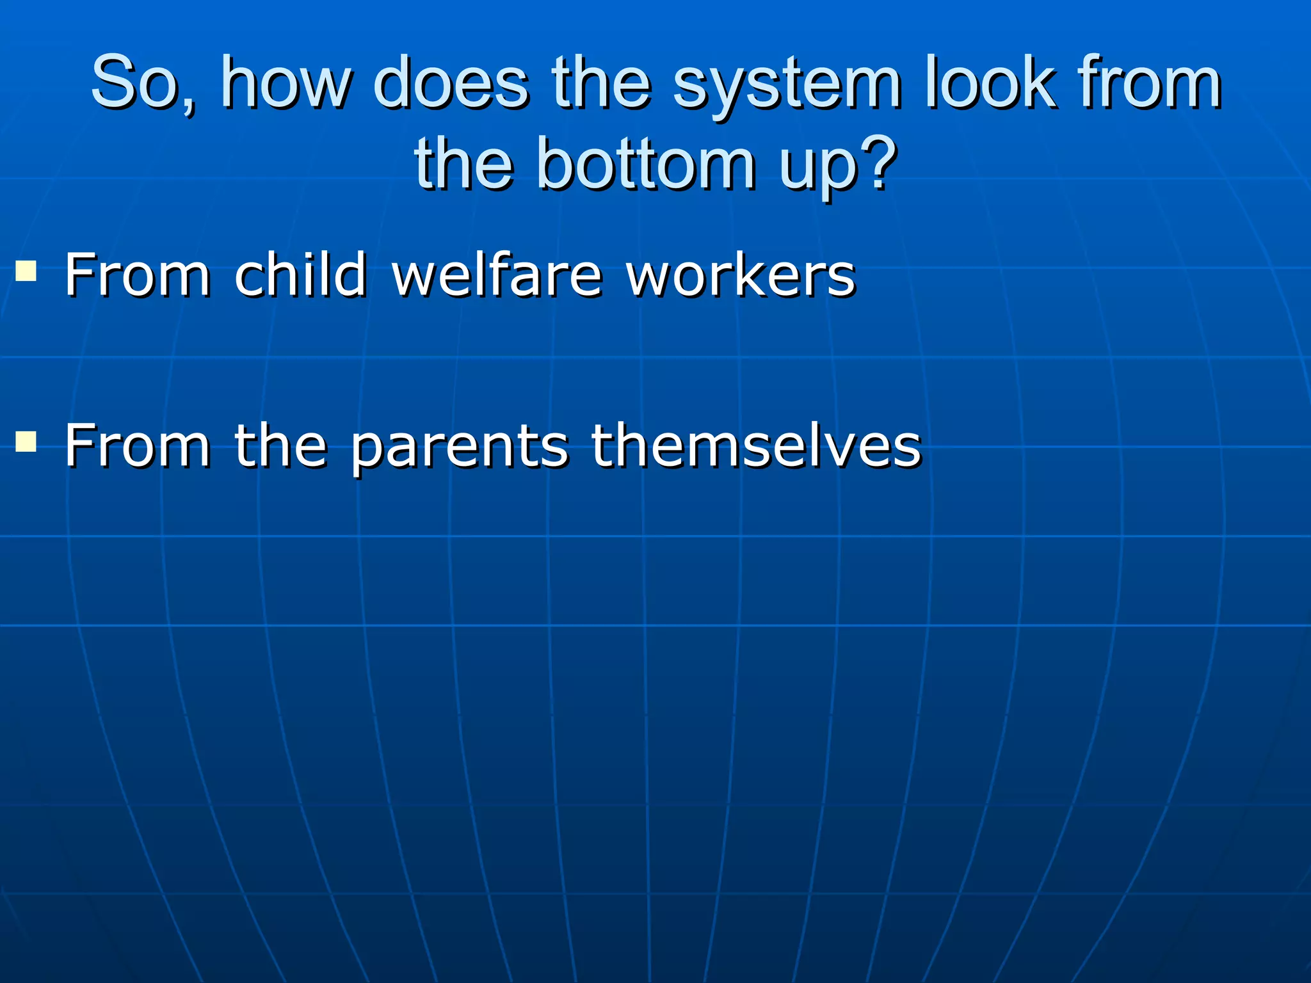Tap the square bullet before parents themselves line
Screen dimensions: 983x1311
[x=26, y=441]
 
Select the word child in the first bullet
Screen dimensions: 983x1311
[x=300, y=275]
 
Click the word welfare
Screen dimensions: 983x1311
[x=497, y=275]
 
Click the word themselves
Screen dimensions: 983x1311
[x=755, y=445]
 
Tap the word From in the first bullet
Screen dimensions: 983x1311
[x=138, y=275]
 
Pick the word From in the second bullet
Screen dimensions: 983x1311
[x=138, y=445]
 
